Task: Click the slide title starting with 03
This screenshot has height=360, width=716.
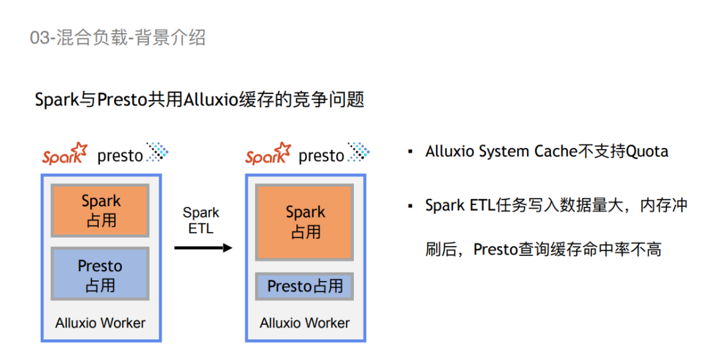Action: pos(118,38)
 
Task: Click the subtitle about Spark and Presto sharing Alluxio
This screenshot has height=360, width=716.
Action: pos(200,100)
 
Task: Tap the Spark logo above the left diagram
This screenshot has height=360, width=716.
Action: pos(65,154)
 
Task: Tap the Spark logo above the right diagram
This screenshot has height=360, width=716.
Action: pos(268,154)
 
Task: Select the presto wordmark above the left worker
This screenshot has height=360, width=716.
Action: pos(120,156)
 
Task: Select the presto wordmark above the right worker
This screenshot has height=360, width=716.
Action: pos(322,156)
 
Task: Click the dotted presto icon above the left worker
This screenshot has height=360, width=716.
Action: pos(158,152)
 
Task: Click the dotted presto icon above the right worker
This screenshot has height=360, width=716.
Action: pos(359,152)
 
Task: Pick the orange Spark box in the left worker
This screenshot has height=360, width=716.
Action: pos(101,210)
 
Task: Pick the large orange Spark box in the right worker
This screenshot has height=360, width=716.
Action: pos(305,222)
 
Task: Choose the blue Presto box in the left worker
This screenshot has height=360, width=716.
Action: pos(101,274)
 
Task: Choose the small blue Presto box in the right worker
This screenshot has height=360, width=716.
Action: pos(305,286)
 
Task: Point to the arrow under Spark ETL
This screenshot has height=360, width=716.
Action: pos(203,248)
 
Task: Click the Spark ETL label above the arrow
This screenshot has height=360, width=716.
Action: pos(201,221)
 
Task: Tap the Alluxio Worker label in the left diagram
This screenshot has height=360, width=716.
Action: pos(101,324)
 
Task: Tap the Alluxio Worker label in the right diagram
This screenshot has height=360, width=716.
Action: pos(305,324)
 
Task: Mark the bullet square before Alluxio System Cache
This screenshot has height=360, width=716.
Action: pos(410,152)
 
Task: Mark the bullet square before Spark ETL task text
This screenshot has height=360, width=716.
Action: pos(410,206)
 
